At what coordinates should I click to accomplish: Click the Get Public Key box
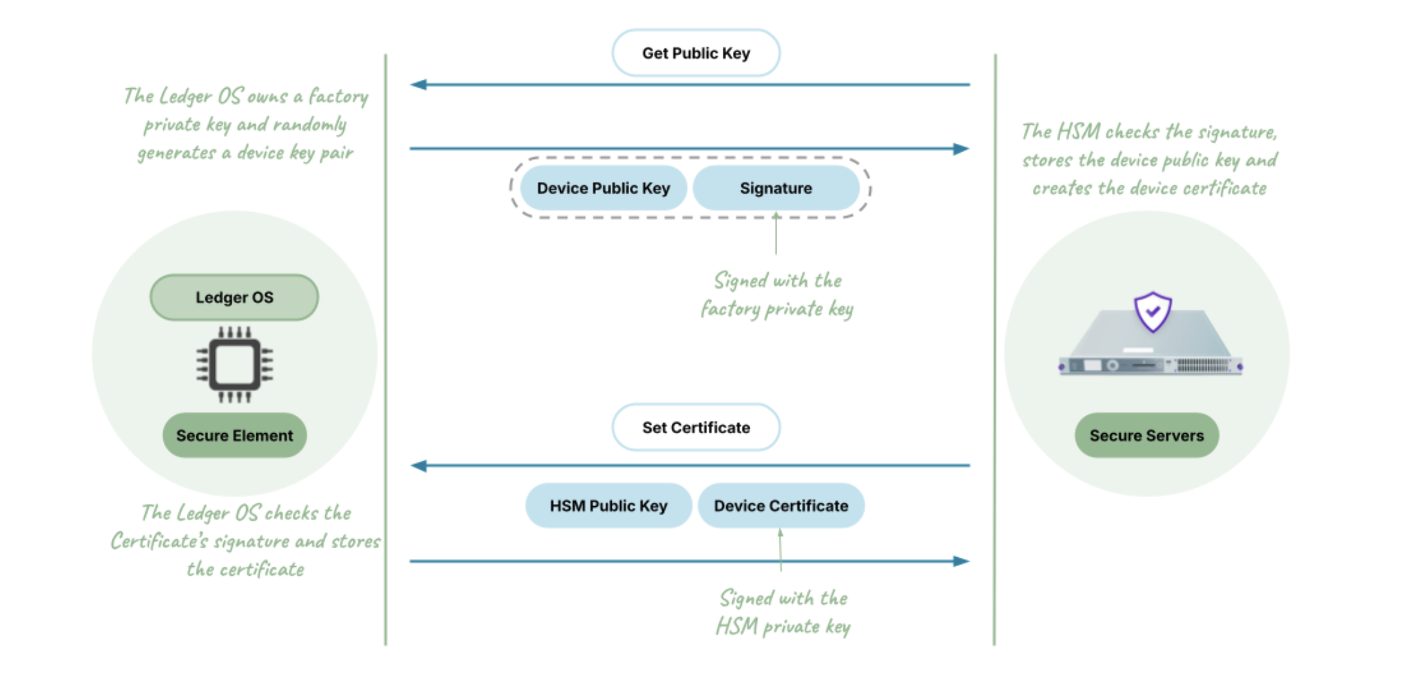(696, 53)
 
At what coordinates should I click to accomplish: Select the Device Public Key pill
(603, 188)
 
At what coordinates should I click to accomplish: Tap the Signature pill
(776, 188)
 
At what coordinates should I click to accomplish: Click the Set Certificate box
(696, 428)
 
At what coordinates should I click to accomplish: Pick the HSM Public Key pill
(608, 506)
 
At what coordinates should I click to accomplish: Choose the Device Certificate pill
(781, 506)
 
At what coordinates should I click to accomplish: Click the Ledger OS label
(234, 297)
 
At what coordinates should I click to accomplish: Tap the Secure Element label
(234, 436)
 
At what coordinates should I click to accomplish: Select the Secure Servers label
(1146, 436)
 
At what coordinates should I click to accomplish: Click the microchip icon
(234, 365)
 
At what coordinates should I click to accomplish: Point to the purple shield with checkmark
(1153, 311)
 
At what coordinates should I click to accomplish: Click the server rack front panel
(1151, 366)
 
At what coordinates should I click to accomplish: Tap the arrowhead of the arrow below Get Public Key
(418, 85)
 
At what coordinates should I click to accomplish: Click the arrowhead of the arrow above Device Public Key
(961, 149)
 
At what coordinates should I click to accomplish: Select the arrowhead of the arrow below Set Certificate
(418, 466)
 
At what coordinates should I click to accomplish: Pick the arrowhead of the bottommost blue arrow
(961, 561)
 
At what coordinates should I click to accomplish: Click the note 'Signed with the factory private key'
(777, 295)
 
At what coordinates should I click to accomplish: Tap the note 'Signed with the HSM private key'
(783, 612)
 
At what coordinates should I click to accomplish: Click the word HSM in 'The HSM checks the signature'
(1078, 132)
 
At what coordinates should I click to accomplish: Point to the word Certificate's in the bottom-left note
(159, 542)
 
